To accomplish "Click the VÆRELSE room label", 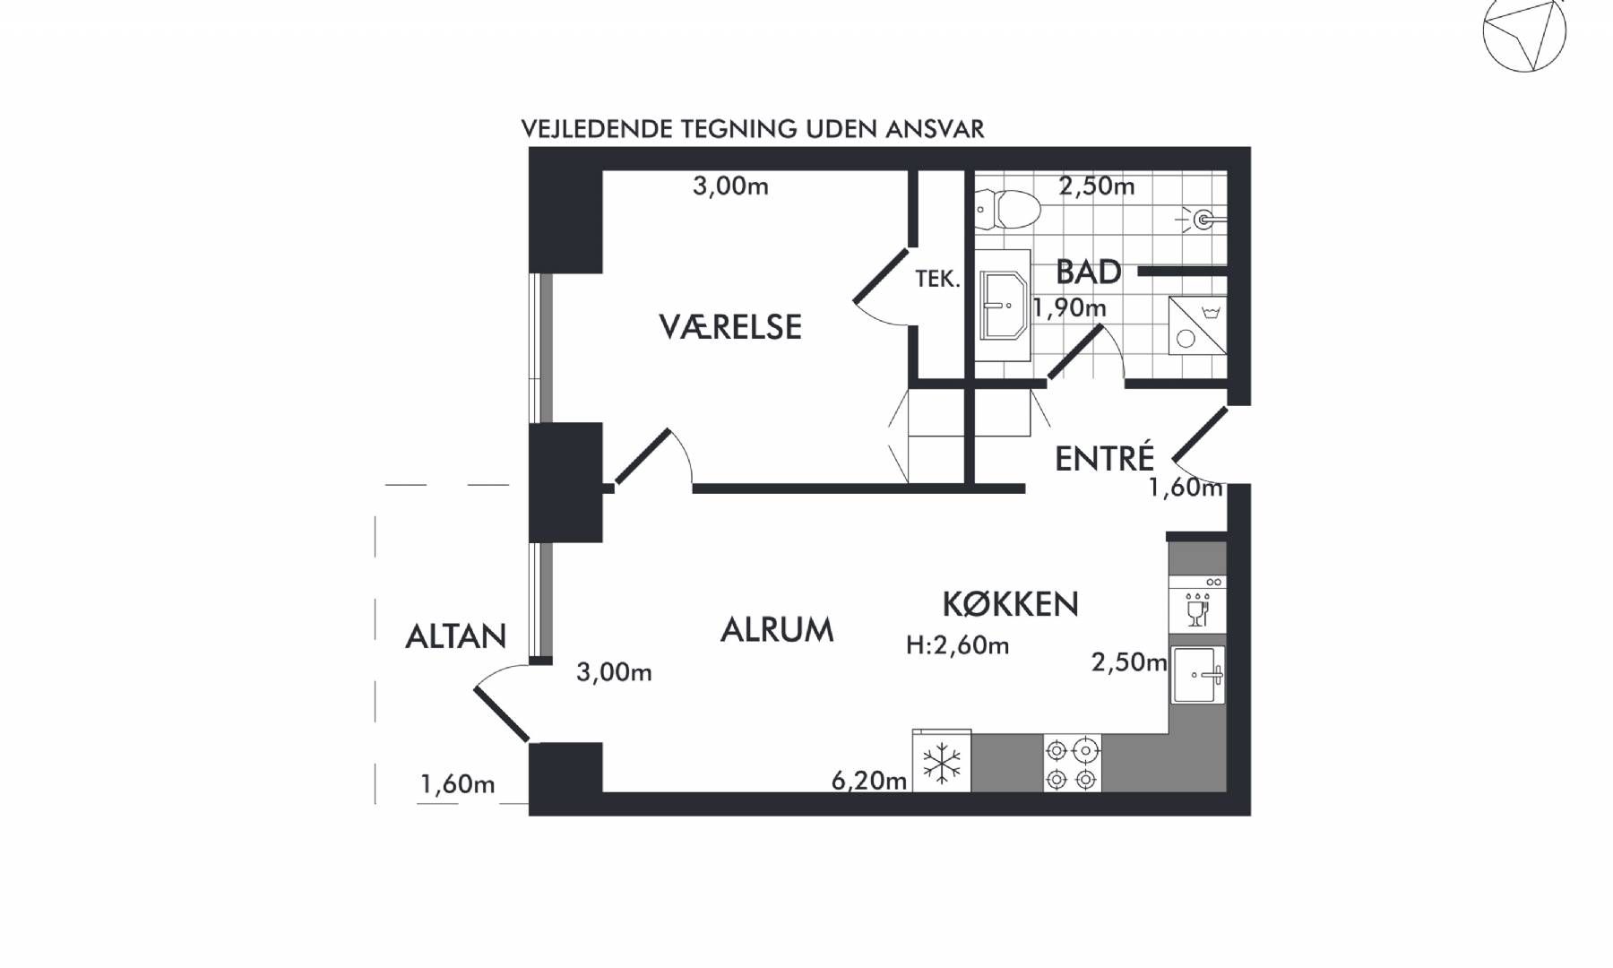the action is [x=730, y=327].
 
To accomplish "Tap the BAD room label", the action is [x=1088, y=272].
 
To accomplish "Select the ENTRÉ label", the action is [x=1104, y=457].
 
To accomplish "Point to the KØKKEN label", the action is [x=1010, y=604].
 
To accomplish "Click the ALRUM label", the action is [x=777, y=630].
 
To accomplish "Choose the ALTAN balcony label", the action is [x=456, y=636].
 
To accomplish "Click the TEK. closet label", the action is [x=937, y=280].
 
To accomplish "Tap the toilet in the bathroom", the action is [x=1007, y=209].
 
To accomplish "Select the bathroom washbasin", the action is [x=1003, y=306].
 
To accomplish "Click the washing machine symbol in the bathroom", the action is [x=1197, y=325].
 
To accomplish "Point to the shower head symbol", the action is [x=1202, y=219].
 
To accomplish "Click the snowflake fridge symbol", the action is [x=942, y=762].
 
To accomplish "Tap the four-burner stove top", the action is [x=1072, y=764].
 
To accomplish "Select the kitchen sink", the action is [x=1198, y=675].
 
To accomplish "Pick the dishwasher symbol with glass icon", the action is [x=1197, y=605].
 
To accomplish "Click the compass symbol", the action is [x=1524, y=31].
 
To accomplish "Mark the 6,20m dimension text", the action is [x=869, y=781].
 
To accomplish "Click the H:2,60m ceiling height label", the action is [x=957, y=645].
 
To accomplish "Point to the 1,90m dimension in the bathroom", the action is [x=1069, y=308].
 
